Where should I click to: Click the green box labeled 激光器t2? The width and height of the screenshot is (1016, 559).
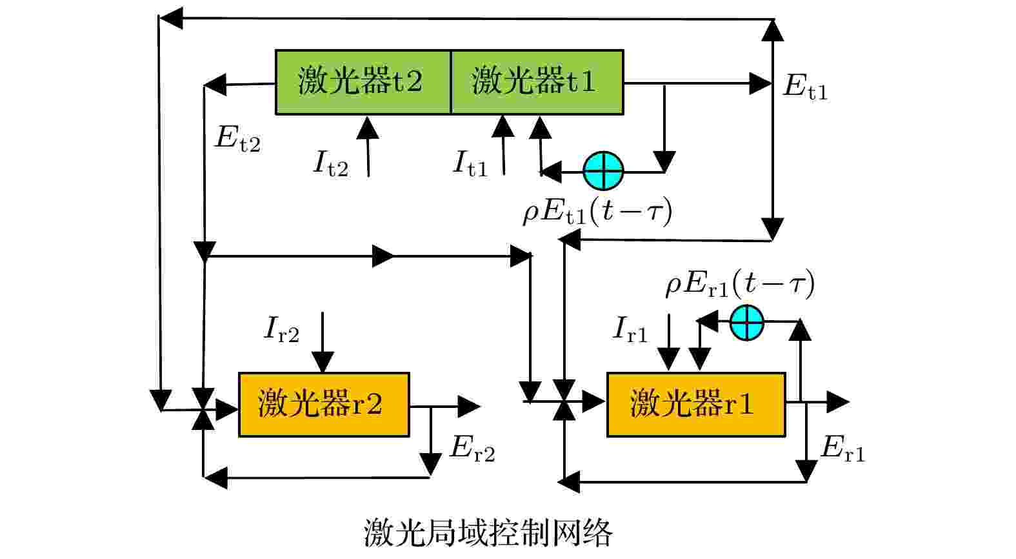[x=363, y=82]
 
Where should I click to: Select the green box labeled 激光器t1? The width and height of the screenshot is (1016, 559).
[x=537, y=82]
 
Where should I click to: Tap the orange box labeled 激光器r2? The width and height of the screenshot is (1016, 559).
[x=324, y=405]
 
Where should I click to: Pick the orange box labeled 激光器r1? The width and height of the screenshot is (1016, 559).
[x=696, y=405]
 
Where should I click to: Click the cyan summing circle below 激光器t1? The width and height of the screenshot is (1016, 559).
[x=603, y=171]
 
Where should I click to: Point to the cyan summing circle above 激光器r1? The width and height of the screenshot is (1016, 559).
[x=746, y=321]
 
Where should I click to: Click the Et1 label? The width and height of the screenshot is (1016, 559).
[x=805, y=86]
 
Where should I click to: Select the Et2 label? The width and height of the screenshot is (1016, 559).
[x=237, y=139]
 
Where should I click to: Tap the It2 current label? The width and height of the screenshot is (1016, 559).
[x=330, y=163]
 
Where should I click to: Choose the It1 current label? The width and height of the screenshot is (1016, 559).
[x=470, y=163]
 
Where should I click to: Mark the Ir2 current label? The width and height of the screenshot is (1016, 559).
[x=281, y=329]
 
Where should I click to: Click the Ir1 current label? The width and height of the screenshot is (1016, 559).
[x=630, y=329]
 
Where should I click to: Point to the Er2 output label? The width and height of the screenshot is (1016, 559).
[x=472, y=449]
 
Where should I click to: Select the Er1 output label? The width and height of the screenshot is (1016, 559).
[x=842, y=449]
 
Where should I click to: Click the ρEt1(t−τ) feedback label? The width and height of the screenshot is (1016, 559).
[x=597, y=212]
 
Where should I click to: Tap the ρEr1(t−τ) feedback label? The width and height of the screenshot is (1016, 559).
[x=740, y=284]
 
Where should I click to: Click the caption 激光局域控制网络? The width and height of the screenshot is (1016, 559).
[x=488, y=533]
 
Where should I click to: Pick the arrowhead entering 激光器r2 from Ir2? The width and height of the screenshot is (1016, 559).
[x=323, y=363]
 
